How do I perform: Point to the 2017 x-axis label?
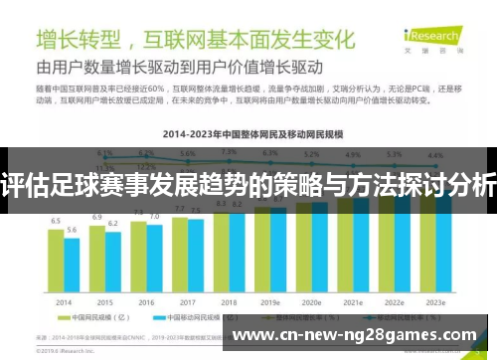(188, 302)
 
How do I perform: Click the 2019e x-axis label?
(270, 302)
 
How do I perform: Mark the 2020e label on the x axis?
(310, 302)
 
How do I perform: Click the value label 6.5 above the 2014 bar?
(56, 221)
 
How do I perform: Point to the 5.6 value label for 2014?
(72, 230)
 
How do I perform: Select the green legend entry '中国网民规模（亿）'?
(87, 321)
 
